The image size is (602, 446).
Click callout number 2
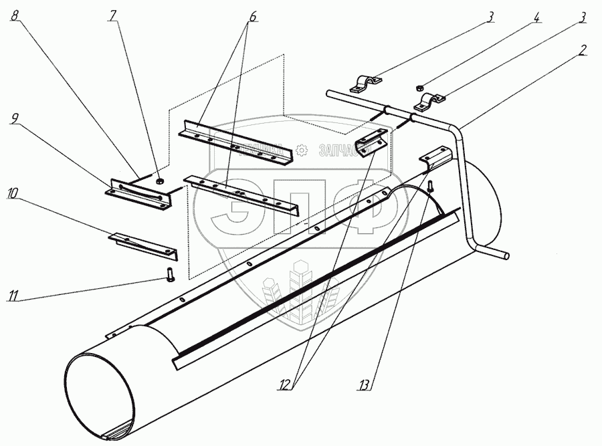[583, 50]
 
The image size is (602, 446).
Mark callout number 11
[13, 295]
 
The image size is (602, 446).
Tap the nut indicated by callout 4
[419, 86]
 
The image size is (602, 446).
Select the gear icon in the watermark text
[302, 150]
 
